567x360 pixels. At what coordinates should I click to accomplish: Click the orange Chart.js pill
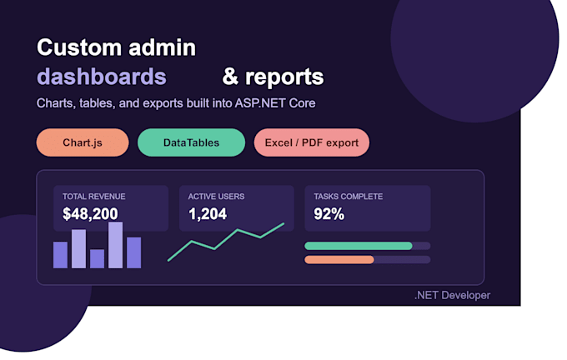(83, 142)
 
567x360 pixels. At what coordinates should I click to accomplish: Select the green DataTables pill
(191, 142)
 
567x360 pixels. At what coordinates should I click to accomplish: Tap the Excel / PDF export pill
(312, 142)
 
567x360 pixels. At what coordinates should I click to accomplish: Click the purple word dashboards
(102, 77)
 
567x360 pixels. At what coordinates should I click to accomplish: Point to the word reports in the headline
(284, 77)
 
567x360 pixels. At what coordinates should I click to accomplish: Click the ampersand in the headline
(231, 77)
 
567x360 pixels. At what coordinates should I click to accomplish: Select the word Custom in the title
(79, 47)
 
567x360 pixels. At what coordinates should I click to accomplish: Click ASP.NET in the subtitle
(260, 103)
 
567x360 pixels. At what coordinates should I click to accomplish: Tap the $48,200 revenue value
(90, 213)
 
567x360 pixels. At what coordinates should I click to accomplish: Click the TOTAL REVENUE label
(94, 197)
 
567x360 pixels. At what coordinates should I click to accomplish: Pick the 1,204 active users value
(208, 214)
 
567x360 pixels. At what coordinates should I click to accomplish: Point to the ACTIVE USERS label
(216, 197)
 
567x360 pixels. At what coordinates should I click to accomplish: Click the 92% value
(329, 214)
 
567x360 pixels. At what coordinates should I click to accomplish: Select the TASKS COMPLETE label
(349, 197)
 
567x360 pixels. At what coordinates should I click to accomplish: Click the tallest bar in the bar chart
(115, 245)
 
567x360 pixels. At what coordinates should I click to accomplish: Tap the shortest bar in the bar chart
(97, 259)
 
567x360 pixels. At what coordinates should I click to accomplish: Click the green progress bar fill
(359, 246)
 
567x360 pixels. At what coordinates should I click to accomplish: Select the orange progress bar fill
(339, 260)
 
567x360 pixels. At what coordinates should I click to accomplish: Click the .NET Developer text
(453, 295)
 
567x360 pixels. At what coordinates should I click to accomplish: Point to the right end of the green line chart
(283, 223)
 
